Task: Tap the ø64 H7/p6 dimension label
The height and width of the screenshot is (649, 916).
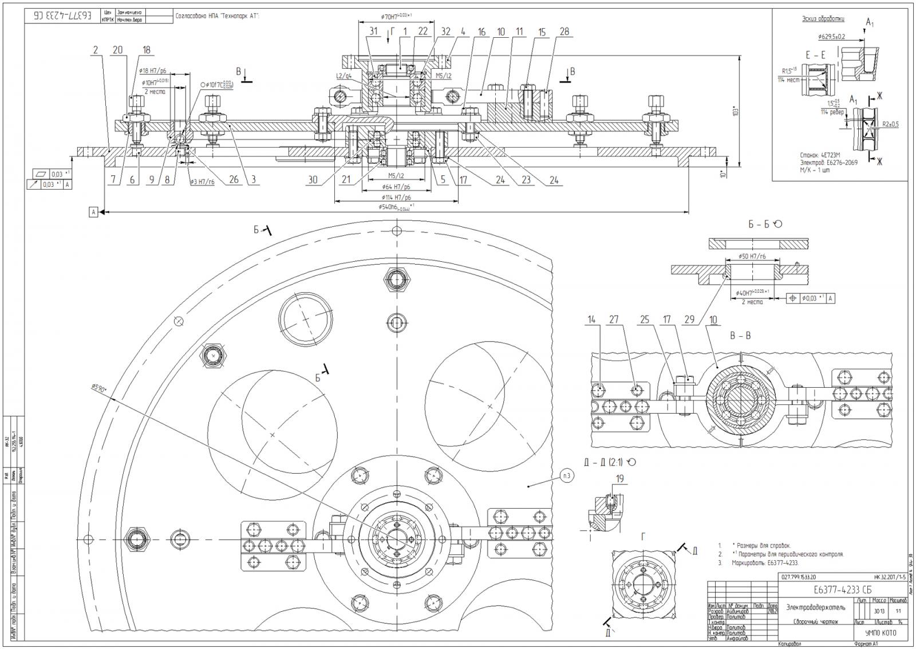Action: pos(396,186)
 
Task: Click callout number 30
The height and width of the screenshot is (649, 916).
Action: pos(312,180)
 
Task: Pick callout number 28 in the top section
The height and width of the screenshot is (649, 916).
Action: pos(564,32)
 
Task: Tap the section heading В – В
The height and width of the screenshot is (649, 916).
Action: pos(740,336)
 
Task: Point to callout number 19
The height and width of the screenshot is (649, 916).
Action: pos(619,478)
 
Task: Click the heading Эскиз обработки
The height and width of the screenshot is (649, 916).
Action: pos(823,19)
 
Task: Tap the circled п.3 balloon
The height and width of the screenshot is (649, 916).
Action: pos(565,475)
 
